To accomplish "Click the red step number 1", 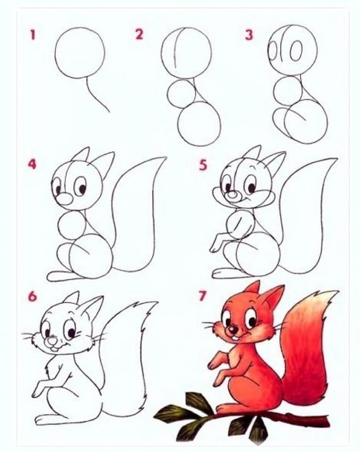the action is pyautogui.click(x=33, y=35).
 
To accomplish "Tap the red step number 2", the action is pyautogui.click(x=139, y=34).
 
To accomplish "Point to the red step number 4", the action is pyautogui.click(x=32, y=164).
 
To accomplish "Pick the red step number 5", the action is pyautogui.click(x=203, y=165).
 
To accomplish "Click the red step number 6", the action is pyautogui.click(x=33, y=296).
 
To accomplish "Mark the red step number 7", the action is pyautogui.click(x=203, y=296).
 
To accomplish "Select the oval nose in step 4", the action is pyautogui.click(x=64, y=199).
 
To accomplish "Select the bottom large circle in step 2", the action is pyautogui.click(x=199, y=124).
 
